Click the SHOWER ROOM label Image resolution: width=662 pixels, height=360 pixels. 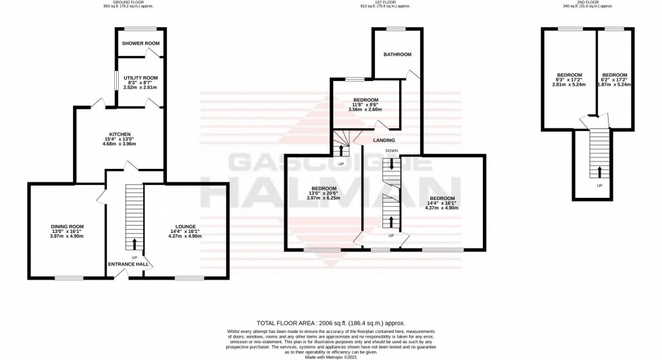(x=141, y=44)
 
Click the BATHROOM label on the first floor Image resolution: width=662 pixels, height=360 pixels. (x=397, y=54)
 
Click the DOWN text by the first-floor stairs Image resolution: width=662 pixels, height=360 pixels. (x=391, y=150)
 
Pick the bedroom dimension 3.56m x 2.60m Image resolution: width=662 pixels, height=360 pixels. (x=365, y=109)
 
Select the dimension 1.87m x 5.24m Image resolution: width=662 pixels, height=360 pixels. (x=615, y=85)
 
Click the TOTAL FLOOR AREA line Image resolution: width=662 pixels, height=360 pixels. (x=330, y=324)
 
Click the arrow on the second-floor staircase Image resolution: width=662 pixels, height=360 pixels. (x=599, y=170)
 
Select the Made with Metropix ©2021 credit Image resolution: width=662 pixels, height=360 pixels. (x=330, y=357)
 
